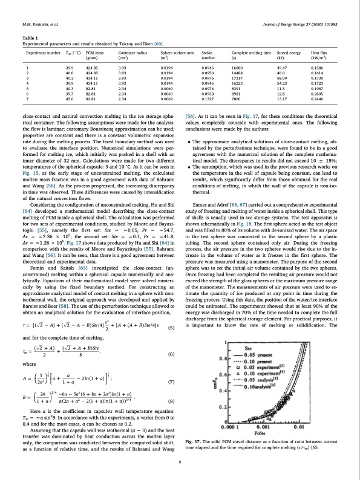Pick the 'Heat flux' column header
(319, 54)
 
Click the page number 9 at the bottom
(180, 462)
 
